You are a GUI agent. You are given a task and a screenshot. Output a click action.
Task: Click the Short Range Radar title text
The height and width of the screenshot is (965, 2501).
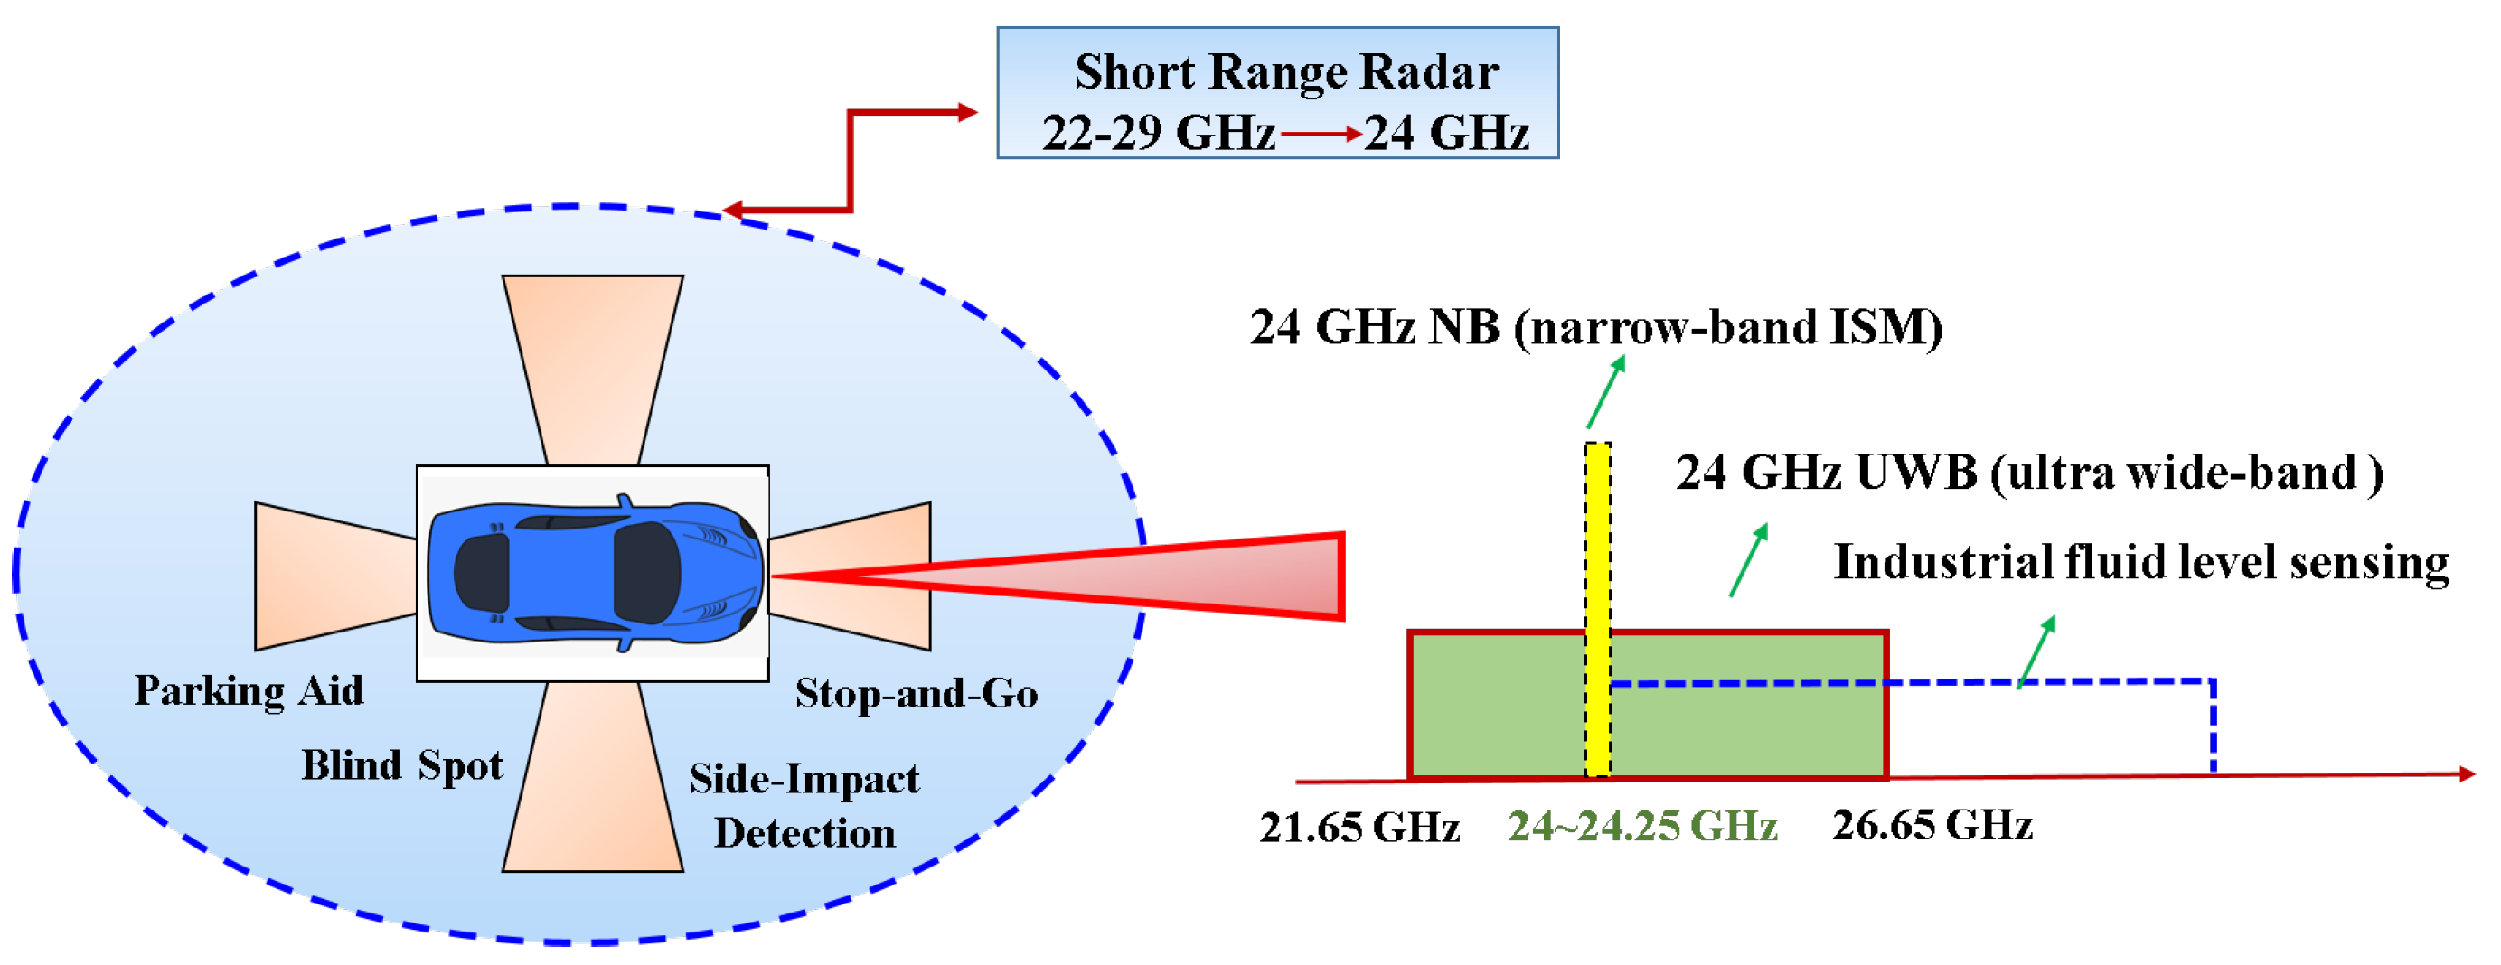[x=1285, y=72]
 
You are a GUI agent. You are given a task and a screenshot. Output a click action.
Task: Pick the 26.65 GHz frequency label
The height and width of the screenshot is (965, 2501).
[x=1932, y=825]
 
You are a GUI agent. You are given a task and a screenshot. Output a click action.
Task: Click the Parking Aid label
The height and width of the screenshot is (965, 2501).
[x=249, y=691]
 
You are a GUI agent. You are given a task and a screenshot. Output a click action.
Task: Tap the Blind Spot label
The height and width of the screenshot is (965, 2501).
[x=402, y=765]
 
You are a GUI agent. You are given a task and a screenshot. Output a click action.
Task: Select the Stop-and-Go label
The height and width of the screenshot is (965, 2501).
[x=917, y=693]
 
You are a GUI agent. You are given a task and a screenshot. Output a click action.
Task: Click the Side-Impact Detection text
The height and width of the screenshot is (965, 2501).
[x=804, y=806]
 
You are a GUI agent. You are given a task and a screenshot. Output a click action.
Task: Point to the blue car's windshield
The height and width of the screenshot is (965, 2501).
[x=647, y=573]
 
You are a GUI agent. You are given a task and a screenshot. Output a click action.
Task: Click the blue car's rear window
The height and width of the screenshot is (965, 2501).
[x=483, y=573]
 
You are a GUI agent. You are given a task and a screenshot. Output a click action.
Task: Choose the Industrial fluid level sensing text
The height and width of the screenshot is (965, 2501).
[x=2140, y=562]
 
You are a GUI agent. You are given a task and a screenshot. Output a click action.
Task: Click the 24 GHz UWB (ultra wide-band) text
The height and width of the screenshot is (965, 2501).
[x=2029, y=473]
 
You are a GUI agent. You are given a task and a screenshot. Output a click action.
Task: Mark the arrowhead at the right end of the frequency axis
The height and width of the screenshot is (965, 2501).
[x=2466, y=773]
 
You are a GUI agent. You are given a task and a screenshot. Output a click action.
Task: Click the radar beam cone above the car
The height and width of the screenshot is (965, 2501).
[x=593, y=369]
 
